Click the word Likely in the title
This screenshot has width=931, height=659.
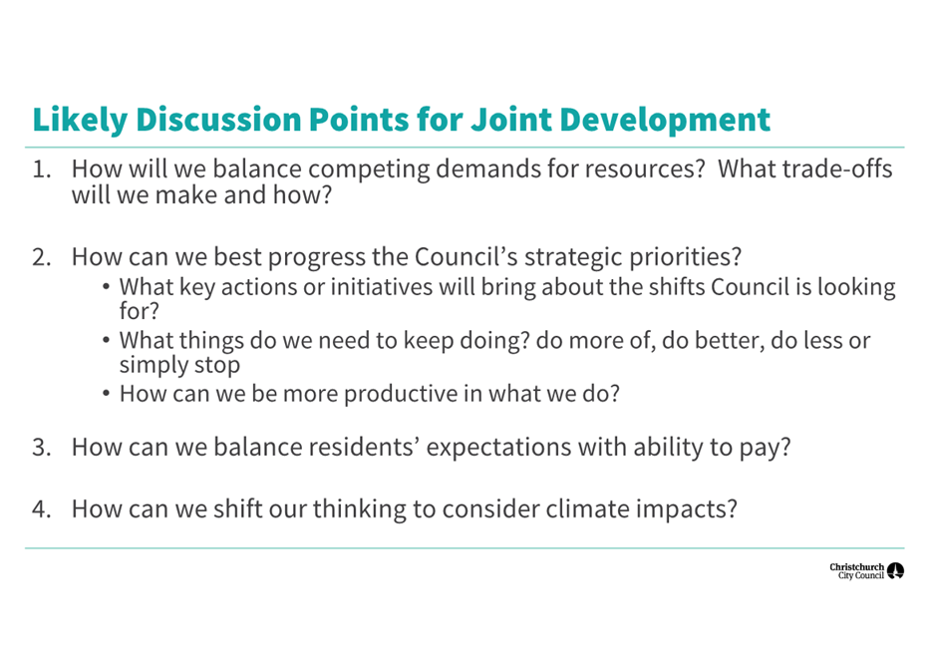click(80, 121)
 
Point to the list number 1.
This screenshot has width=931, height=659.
click(42, 169)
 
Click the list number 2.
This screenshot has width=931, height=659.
click(42, 257)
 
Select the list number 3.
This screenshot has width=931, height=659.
click(42, 448)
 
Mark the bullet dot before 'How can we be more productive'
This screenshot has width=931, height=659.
click(106, 394)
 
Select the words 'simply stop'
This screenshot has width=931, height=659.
click(179, 366)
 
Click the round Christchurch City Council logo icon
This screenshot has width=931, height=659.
click(895, 571)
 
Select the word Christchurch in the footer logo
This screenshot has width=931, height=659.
click(857, 567)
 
